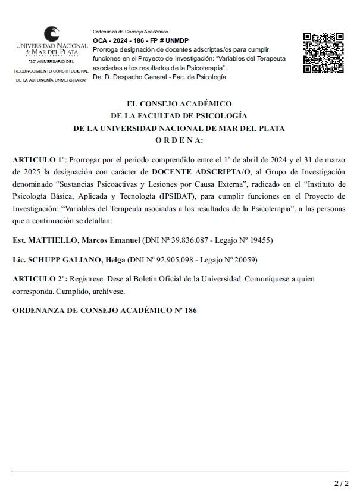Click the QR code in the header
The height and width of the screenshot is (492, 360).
pyautogui.click(x=323, y=52)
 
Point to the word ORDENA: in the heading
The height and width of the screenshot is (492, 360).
pyautogui.click(x=179, y=140)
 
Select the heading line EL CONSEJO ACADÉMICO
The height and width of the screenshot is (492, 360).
pyautogui.click(x=179, y=104)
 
